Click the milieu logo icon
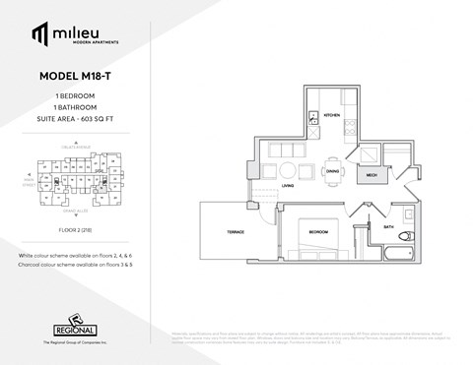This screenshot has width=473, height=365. (38, 34)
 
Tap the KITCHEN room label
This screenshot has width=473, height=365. (332, 115)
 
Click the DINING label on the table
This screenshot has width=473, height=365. (332, 170)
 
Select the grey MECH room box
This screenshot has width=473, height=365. (373, 175)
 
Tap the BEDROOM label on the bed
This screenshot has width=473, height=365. (317, 232)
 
